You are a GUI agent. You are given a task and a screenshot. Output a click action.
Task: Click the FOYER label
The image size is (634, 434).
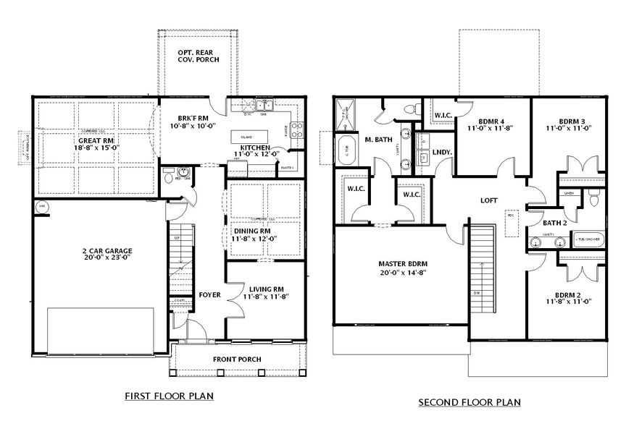[x=209, y=295]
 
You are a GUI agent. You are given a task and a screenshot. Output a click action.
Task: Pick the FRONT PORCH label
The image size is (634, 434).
[x=236, y=359]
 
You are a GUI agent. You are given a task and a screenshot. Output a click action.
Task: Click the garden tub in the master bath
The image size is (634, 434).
[x=346, y=150]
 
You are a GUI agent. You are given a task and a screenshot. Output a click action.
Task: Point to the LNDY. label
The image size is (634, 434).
[x=442, y=152]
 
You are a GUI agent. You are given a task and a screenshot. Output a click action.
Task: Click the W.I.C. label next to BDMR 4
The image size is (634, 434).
[x=443, y=116]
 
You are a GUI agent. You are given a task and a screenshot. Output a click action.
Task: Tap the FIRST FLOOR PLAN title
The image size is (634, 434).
[x=169, y=396]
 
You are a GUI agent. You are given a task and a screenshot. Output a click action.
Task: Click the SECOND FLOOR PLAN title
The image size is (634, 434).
[x=469, y=402]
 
